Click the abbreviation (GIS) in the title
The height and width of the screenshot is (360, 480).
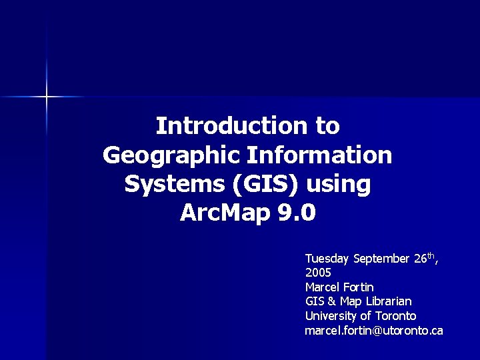[x=264, y=185]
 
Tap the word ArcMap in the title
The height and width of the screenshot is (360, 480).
[x=222, y=214]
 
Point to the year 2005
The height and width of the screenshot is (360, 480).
[x=318, y=273]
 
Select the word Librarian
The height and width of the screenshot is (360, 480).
[x=392, y=301]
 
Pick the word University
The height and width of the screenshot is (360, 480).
[x=331, y=316]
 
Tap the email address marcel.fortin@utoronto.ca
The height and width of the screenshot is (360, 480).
[x=373, y=331]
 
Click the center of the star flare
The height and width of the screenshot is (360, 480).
[x=47, y=97]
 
